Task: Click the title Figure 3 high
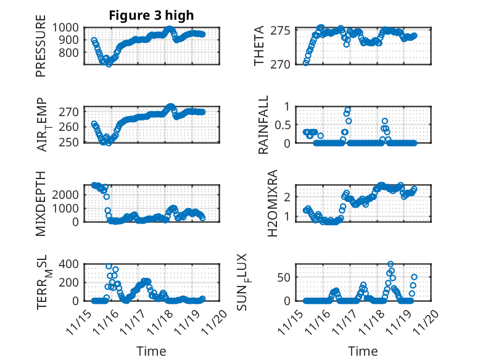coord(151,15)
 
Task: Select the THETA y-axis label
coord(259,46)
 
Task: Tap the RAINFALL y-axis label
coord(263,125)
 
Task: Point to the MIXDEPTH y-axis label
coord(41,204)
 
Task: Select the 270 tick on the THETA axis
coord(284,64)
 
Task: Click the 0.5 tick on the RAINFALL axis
coord(283,125)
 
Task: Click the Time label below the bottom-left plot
coord(151,351)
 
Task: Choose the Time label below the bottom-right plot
coord(363,351)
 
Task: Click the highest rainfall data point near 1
coord(348,110)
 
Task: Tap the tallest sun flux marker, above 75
coord(390,264)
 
